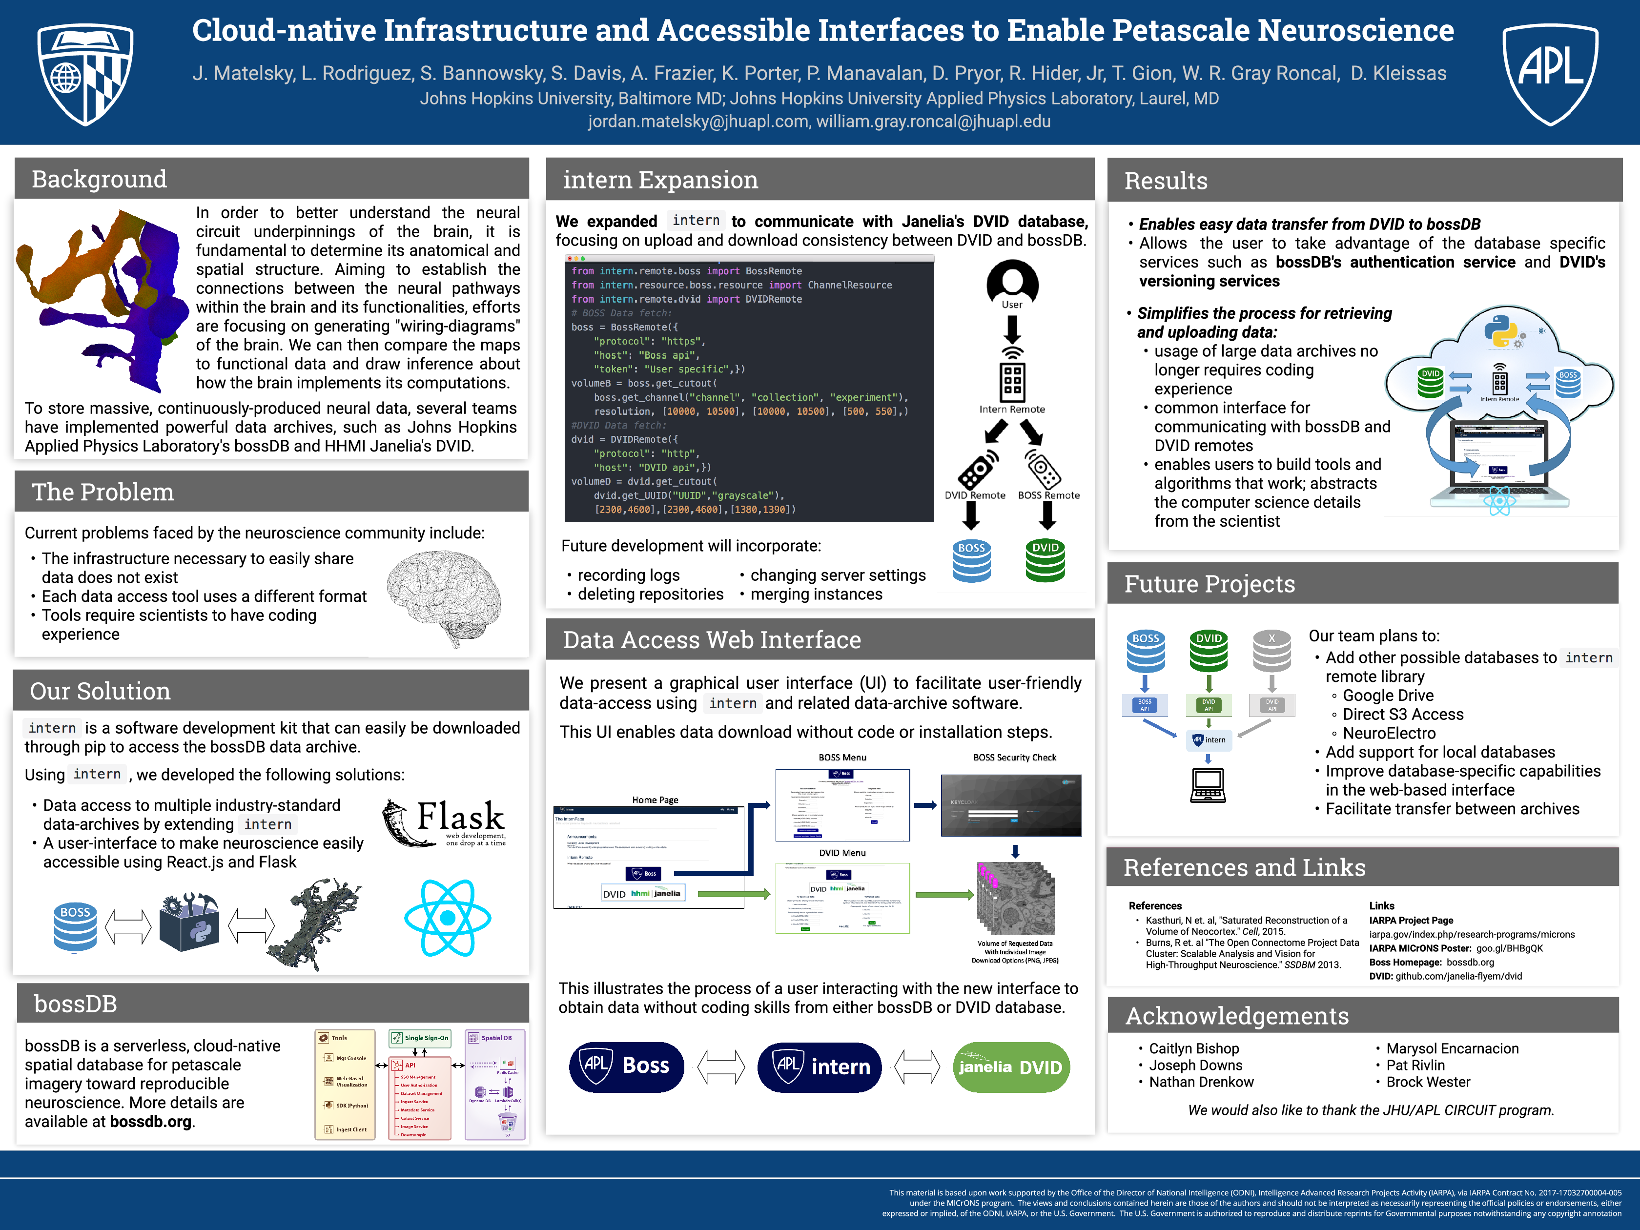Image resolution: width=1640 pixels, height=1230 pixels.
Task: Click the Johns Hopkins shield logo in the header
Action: [x=85, y=73]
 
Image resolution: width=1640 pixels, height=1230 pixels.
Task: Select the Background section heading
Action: [x=100, y=180]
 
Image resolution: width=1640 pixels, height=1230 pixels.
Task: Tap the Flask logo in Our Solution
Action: [x=445, y=821]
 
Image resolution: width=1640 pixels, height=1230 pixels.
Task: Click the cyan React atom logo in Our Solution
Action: [x=447, y=918]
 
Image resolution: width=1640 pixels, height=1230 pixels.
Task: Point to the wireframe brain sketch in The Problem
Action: [x=444, y=597]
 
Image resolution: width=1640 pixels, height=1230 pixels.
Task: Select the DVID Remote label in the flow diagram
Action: [x=974, y=495]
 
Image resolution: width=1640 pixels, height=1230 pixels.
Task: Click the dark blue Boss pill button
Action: [x=627, y=1066]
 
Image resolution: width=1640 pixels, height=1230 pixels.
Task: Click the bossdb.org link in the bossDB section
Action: [x=150, y=1122]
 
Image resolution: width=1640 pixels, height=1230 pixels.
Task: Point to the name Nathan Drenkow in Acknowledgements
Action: [x=1201, y=1082]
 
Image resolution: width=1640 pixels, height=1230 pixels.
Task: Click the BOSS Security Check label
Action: [x=1014, y=757]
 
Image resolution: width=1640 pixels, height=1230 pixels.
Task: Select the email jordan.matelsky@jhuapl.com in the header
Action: [x=697, y=122]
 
